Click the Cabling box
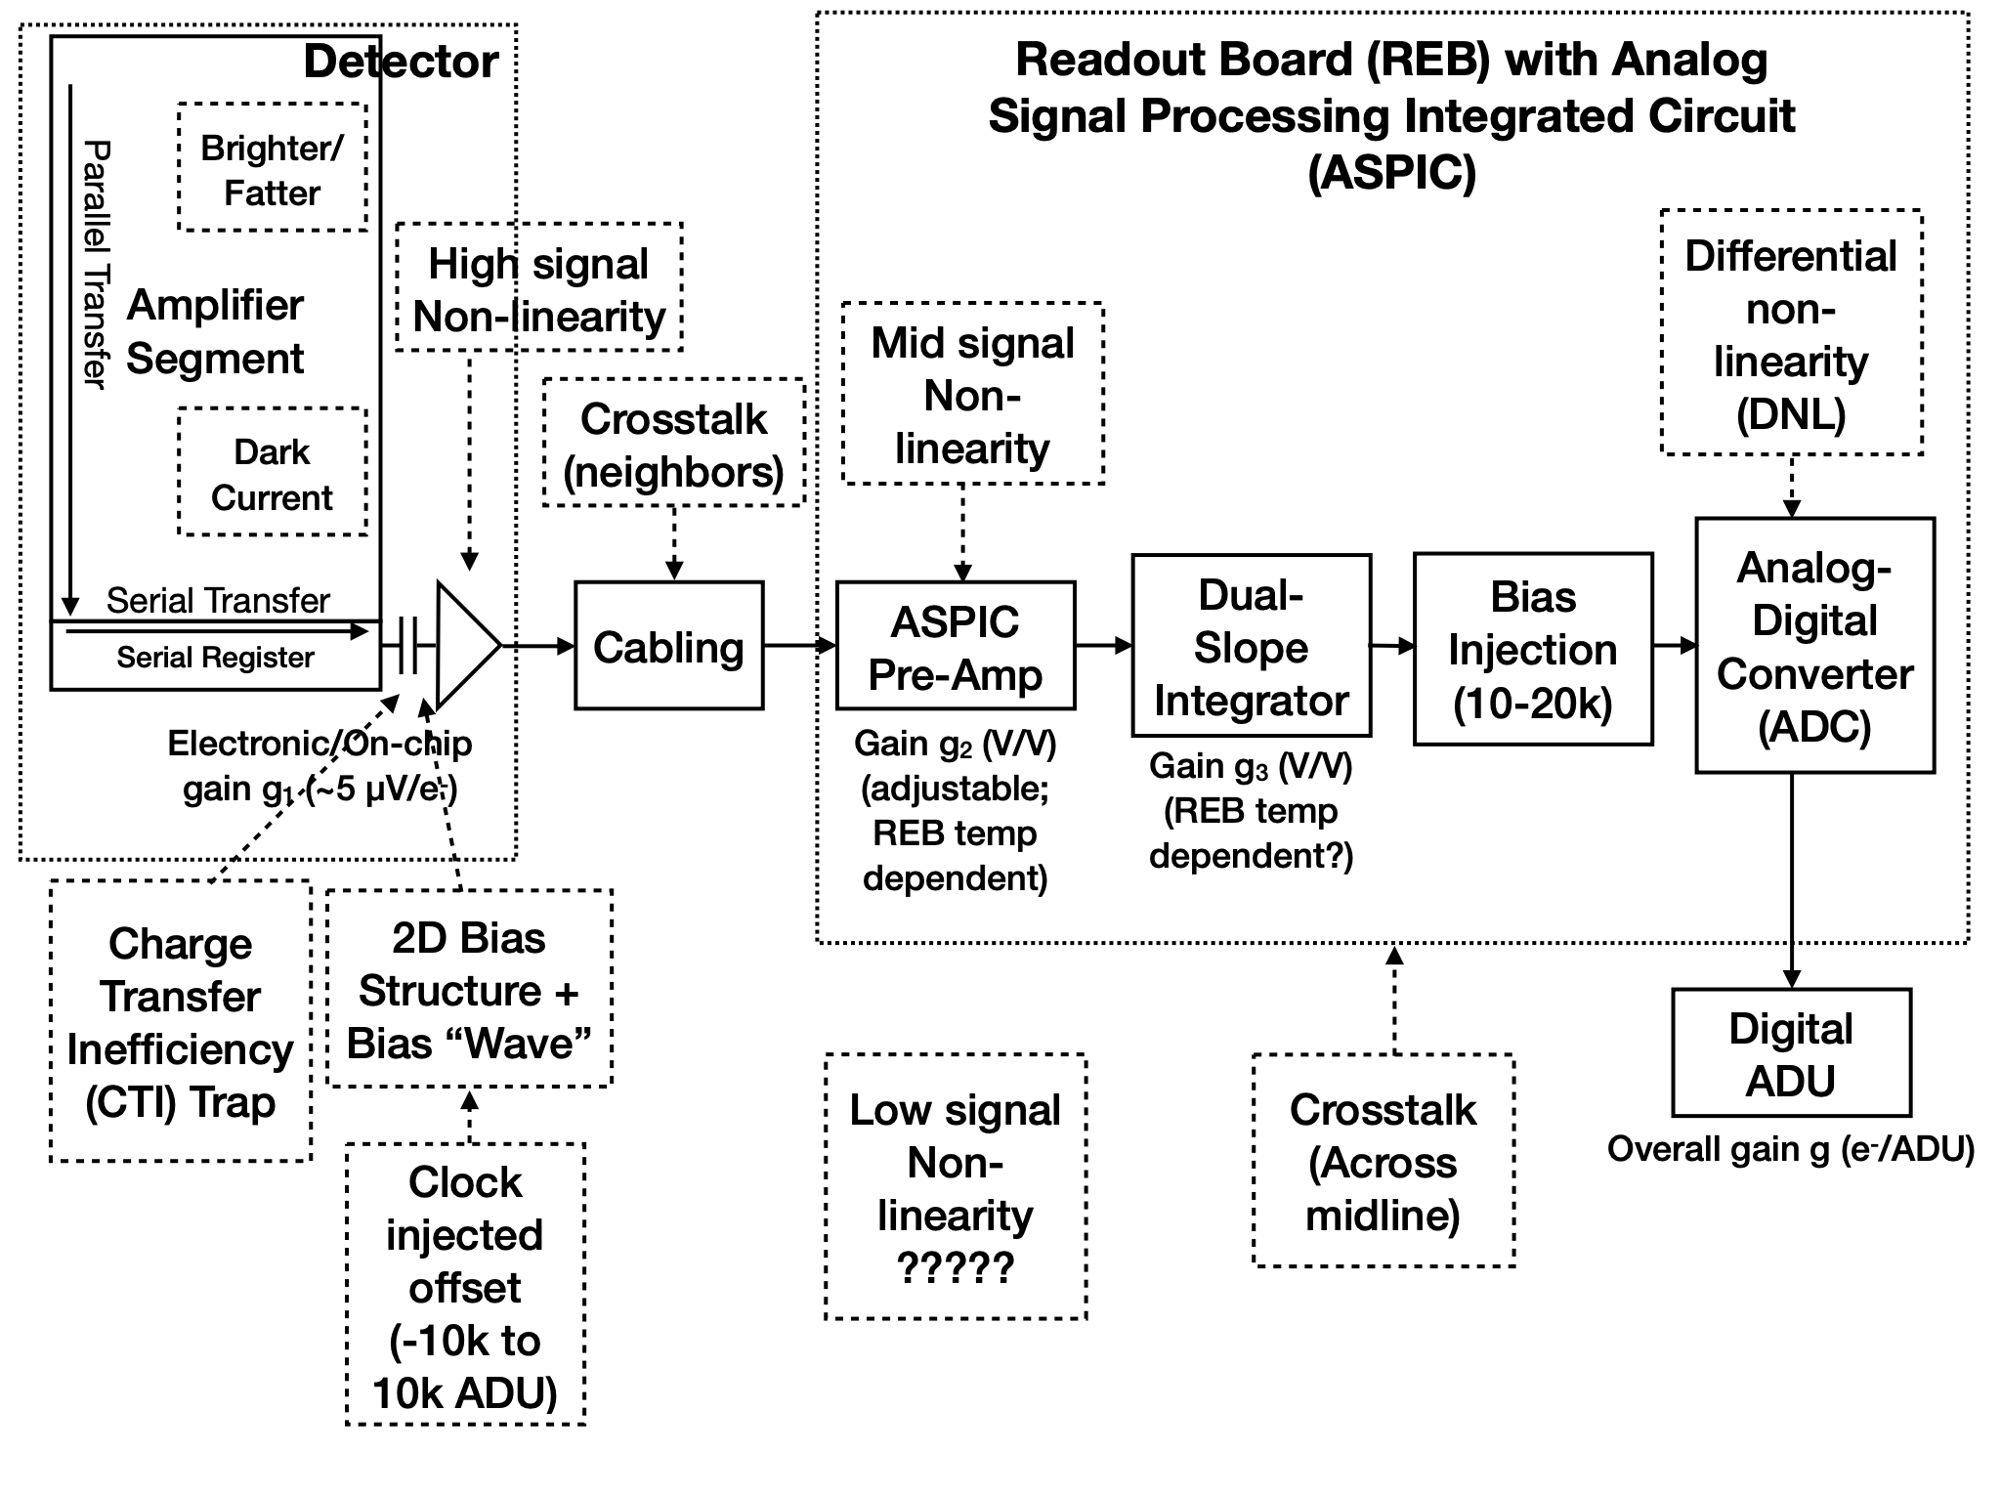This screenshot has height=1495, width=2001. coord(668,646)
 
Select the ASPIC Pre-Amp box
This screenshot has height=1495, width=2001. coord(956,646)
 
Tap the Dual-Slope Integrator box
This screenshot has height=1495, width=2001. coord(1251,646)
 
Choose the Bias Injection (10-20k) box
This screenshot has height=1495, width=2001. coord(1532,650)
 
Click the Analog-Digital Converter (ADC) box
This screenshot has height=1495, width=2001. coord(1814,646)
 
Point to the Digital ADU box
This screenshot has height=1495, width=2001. coord(1791,1052)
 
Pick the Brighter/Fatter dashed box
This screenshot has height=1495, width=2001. coord(273,168)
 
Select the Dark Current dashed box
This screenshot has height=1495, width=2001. coord(273,473)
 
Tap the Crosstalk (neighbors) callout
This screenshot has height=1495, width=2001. coord(674,444)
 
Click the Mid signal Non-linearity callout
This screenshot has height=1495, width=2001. coord(973,394)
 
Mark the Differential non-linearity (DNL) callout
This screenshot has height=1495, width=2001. coord(1791,333)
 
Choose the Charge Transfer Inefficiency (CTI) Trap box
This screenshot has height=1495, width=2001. coord(181,1021)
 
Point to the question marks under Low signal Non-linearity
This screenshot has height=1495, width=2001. coord(956,1267)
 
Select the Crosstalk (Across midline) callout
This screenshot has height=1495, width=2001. coord(1384,1161)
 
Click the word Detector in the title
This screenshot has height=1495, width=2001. coord(401,62)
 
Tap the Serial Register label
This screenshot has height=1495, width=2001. coord(215,658)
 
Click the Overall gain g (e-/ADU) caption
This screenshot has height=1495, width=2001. coord(1790,1150)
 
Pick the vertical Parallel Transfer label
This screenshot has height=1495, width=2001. coord(96,264)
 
